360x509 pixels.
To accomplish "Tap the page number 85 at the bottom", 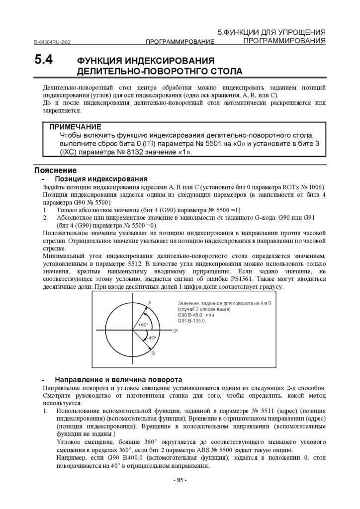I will click(180, 480).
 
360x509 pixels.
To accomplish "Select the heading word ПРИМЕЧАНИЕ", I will click(76, 127).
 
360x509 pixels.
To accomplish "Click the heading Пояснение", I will click(55, 170).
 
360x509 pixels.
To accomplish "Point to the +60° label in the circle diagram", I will click(143, 325).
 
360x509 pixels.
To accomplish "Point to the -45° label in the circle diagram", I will click(151, 338).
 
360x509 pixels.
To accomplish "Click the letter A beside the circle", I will click(149, 303).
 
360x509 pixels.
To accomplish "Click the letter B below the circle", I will click(153, 353).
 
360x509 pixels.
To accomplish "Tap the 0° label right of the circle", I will click(176, 331).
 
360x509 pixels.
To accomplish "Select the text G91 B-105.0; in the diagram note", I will click(191, 321).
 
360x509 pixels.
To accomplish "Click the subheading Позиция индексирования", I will click(101, 178).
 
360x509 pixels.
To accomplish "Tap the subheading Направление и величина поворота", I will click(118, 379).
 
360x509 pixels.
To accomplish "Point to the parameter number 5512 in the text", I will click(136, 264).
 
